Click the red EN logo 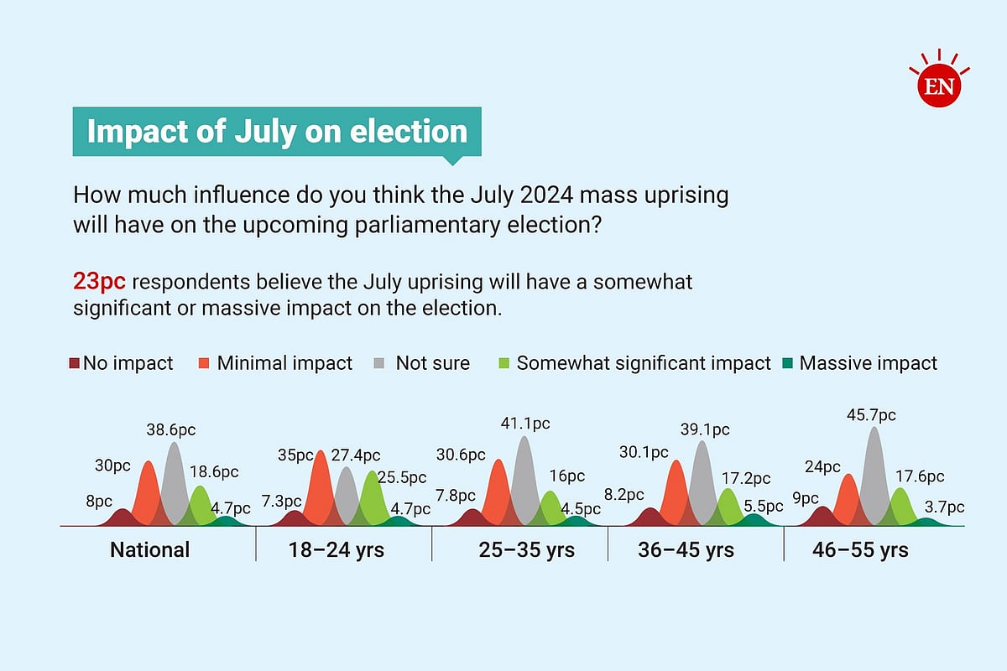(939, 85)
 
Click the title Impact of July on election (277, 132)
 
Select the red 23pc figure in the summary (99, 282)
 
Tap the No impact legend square (74, 363)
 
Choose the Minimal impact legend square (204, 363)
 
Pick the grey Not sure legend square (379, 363)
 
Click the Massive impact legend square (788, 363)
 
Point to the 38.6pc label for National (171, 430)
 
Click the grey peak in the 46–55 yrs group (874, 476)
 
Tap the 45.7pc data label (871, 415)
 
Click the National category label (149, 549)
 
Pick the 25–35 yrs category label (526, 549)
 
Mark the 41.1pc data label (525, 424)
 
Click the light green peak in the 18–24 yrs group (373, 498)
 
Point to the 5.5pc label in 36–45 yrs (764, 507)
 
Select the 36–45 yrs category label (686, 549)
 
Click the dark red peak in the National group (123, 518)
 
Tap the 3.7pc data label (945, 507)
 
